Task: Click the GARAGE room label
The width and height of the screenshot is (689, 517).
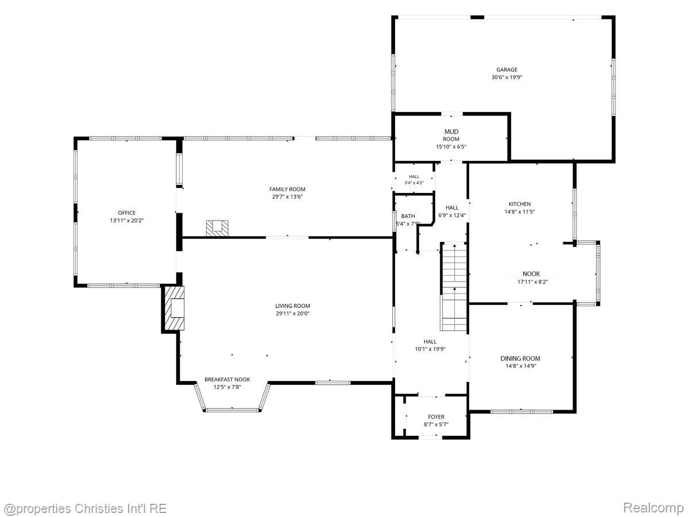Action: pos(506,70)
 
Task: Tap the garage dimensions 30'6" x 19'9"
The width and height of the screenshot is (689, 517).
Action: pos(506,77)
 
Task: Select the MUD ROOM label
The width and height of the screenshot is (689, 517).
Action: pos(451,135)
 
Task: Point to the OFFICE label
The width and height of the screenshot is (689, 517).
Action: pos(127,213)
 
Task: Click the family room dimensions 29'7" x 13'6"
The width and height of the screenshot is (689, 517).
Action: pos(287,197)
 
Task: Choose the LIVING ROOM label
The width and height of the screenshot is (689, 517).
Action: pos(293,306)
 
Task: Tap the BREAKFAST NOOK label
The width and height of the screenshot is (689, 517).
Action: pos(227,380)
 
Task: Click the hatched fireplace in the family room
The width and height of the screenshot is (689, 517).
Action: pos(217,228)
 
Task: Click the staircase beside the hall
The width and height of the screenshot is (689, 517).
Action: pos(454,287)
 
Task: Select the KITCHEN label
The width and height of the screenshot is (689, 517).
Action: pos(520,204)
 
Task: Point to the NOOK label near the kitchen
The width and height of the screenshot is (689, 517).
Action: pos(531,274)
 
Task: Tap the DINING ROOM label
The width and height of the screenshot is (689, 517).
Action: pos(520,358)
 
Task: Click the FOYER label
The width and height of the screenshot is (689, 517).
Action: pos(436,417)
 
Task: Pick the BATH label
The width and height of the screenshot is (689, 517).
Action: pos(408,217)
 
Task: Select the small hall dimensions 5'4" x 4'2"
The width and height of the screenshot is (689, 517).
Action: pos(414,183)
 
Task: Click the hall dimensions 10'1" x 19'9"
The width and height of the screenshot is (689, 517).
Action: pos(430,349)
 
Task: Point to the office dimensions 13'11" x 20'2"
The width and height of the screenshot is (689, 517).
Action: pos(126,221)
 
